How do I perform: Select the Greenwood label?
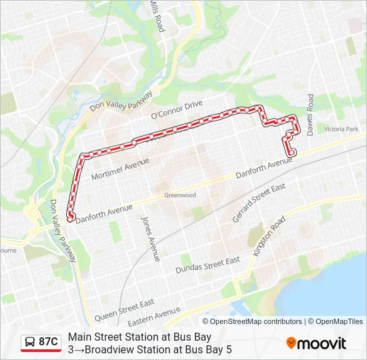tap(179, 195)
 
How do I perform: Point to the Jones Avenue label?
tap(150, 238)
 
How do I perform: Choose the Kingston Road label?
tap(269, 236)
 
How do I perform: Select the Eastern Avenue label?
tap(155, 314)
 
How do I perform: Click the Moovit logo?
tap(316, 343)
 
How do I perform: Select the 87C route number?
tap(48, 342)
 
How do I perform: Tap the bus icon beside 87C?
tap(30, 343)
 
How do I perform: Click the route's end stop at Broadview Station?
tap(71, 215)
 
